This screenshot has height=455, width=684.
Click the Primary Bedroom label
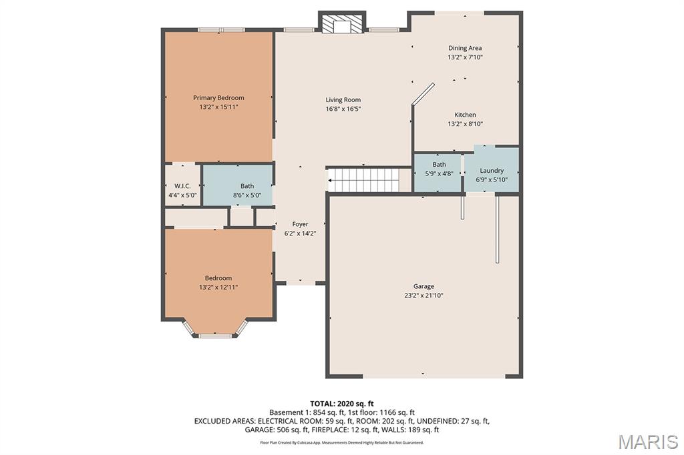pyautogui.click(x=218, y=97)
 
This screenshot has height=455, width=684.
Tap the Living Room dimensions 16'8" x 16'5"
pyautogui.click(x=343, y=109)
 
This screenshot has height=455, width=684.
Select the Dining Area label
pyautogui.click(x=465, y=48)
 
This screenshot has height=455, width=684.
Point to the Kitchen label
pyautogui.click(x=466, y=115)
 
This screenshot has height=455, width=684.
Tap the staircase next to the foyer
pyautogui.click(x=363, y=180)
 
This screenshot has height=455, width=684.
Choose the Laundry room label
pyautogui.click(x=492, y=170)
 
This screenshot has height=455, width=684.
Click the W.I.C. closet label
pyautogui.click(x=182, y=186)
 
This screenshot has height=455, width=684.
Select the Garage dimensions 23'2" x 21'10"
pyautogui.click(x=423, y=295)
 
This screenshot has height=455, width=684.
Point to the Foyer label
pyautogui.click(x=300, y=224)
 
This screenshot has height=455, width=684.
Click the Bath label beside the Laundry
pyautogui.click(x=440, y=164)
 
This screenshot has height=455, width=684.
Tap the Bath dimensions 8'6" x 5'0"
pyautogui.click(x=247, y=195)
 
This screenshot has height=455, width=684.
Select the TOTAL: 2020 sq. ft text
pyautogui.click(x=342, y=404)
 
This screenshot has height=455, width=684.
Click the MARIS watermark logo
pyautogui.click(x=648, y=442)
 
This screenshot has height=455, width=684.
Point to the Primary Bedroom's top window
pyautogui.click(x=222, y=29)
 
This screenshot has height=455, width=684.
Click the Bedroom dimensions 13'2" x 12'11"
pyautogui.click(x=218, y=287)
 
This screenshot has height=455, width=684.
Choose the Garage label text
pyautogui.click(x=423, y=286)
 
